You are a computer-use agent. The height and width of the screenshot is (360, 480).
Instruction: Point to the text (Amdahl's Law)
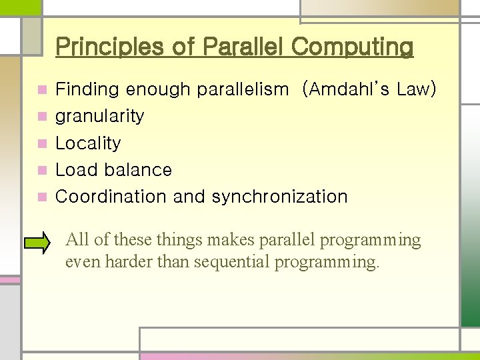coord(369,89)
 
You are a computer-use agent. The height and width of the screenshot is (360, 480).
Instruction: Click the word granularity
coord(99,117)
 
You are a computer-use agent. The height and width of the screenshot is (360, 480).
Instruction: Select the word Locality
coord(88,143)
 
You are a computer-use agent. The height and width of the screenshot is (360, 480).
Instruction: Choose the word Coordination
coord(111,197)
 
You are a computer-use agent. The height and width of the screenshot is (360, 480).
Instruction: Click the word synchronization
coord(280,197)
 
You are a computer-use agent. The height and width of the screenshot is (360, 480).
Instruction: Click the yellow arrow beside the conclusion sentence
coord(41,243)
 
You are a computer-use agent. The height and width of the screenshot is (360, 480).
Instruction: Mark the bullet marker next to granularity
coord(42,117)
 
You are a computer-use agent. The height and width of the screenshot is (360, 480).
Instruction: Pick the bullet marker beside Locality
coord(42,143)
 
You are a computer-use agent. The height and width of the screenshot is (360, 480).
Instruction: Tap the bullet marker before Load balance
coord(42,170)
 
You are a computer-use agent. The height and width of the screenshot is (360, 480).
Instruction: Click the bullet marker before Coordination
coord(42,197)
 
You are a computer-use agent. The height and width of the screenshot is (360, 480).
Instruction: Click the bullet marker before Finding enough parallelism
coord(42,89)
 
